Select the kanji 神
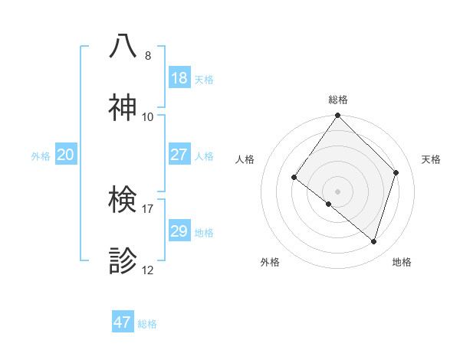[123, 107]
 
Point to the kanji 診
[123, 260]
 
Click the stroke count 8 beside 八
[148, 56]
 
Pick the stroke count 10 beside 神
[148, 117]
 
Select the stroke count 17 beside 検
[148, 209]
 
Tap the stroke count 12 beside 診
[148, 270]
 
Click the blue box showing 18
[179, 78]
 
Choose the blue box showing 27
[179, 155]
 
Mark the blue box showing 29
[179, 231]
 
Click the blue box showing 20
[66, 155]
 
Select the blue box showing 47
[123, 322]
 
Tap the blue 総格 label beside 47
[147, 324]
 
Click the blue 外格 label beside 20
[41, 156]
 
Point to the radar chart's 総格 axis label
[338, 100]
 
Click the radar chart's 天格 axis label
[431, 159]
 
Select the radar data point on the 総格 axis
[338, 116]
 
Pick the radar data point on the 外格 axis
[329, 204]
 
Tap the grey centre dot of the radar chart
[338, 191]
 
